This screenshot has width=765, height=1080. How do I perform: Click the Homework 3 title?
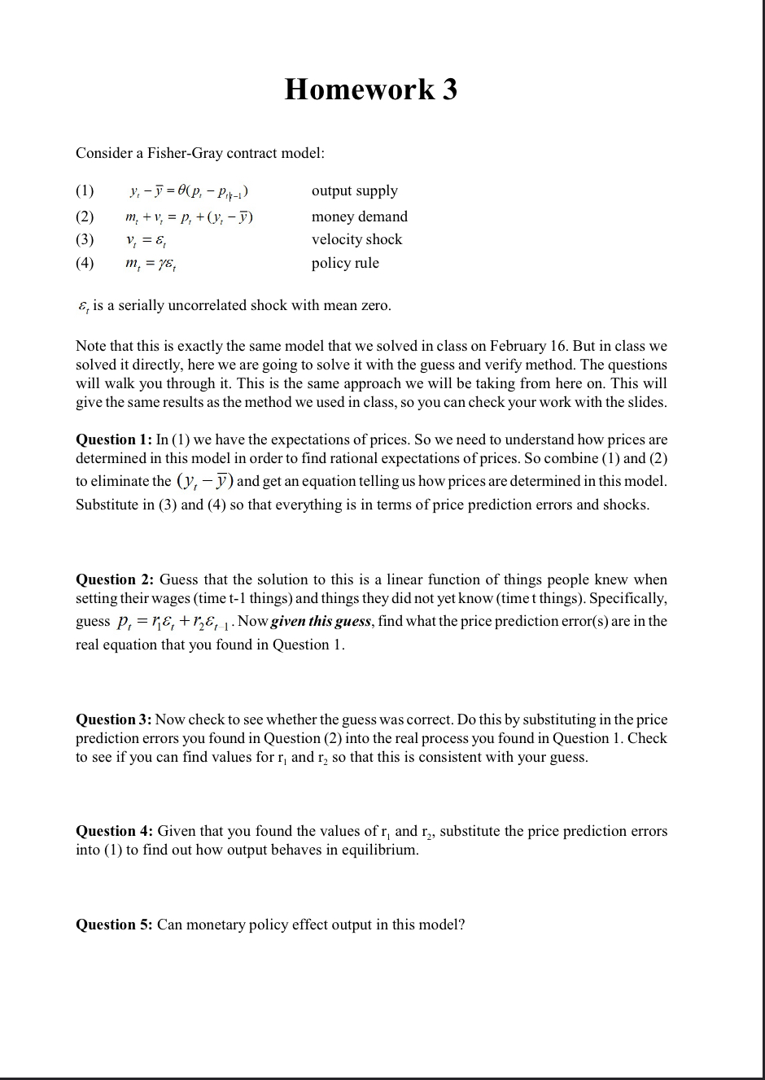[x=370, y=89]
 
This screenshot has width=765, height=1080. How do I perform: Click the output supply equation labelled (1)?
[x=189, y=192]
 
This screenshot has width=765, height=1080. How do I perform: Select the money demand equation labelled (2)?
[x=189, y=217]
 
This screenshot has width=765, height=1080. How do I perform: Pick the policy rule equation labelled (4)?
[x=151, y=264]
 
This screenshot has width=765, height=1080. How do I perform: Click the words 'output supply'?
[x=355, y=191]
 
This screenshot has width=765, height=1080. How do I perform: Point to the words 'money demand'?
[x=360, y=216]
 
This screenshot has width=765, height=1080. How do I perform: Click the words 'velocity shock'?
[x=356, y=239]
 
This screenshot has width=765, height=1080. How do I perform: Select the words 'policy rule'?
[x=345, y=263]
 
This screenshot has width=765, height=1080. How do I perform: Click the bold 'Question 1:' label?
[x=114, y=439]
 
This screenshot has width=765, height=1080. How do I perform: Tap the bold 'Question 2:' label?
[x=115, y=579]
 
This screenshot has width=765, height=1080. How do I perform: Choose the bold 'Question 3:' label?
[x=114, y=719]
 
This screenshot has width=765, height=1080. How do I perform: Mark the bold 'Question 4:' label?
[x=114, y=831]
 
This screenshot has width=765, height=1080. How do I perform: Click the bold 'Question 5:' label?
[x=114, y=925]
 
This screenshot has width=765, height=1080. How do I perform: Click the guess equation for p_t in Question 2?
[x=175, y=622]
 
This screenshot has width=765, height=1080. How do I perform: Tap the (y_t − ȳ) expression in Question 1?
[x=203, y=481]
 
